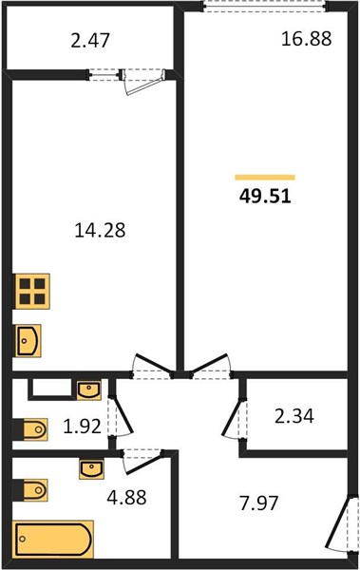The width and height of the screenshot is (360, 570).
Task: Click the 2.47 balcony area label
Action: click(x=90, y=40)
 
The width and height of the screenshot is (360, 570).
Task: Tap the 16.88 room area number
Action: click(x=307, y=39)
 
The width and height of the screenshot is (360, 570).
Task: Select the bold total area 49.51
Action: click(x=265, y=197)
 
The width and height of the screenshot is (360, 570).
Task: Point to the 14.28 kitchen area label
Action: click(x=100, y=230)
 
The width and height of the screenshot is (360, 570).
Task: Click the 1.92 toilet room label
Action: click(x=83, y=426)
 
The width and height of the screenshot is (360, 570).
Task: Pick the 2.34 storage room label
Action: click(x=294, y=416)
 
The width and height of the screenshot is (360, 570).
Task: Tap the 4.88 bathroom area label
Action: click(x=126, y=497)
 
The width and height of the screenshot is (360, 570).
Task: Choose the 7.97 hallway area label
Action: click(x=259, y=503)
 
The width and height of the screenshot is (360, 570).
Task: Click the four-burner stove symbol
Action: click(x=31, y=292)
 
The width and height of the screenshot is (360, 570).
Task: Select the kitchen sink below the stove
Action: click(x=28, y=341)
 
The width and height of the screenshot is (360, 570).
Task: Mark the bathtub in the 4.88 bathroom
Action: click(x=53, y=539)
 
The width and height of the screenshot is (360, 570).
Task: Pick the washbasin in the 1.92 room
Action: click(x=89, y=390)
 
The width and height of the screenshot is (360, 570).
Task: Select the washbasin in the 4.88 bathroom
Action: click(x=91, y=469)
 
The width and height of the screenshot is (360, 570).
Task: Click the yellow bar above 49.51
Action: click(x=265, y=178)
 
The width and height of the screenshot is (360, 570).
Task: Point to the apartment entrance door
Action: click(x=340, y=523)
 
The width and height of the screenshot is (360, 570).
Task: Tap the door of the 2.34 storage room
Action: click(x=234, y=418)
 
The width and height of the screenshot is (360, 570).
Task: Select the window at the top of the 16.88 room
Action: click(x=264, y=7)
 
